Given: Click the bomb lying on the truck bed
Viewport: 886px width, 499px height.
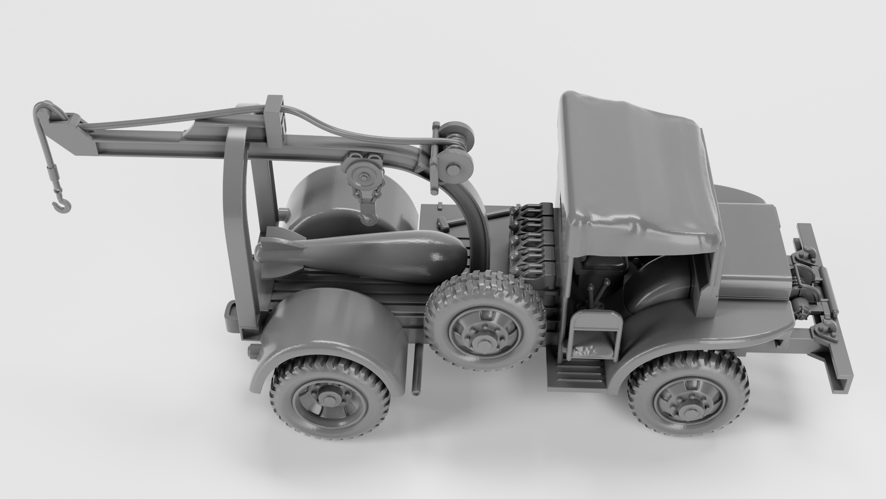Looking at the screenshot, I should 369,254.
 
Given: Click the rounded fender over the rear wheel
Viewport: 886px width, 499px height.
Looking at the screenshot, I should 332,323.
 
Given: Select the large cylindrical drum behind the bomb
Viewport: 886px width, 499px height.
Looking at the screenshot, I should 323,199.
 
